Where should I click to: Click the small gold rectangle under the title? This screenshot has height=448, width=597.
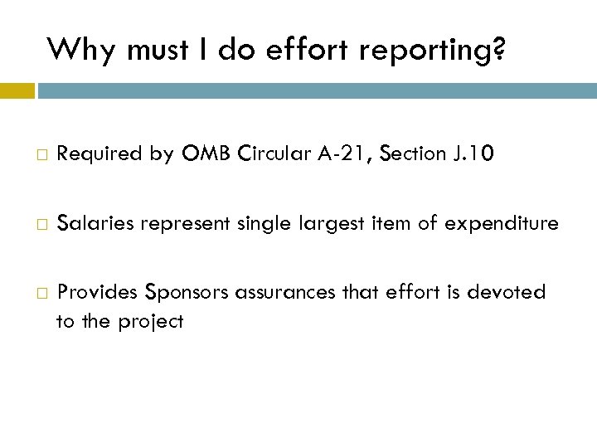(x=17, y=90)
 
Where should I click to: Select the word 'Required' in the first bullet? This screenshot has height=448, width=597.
(x=94, y=153)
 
